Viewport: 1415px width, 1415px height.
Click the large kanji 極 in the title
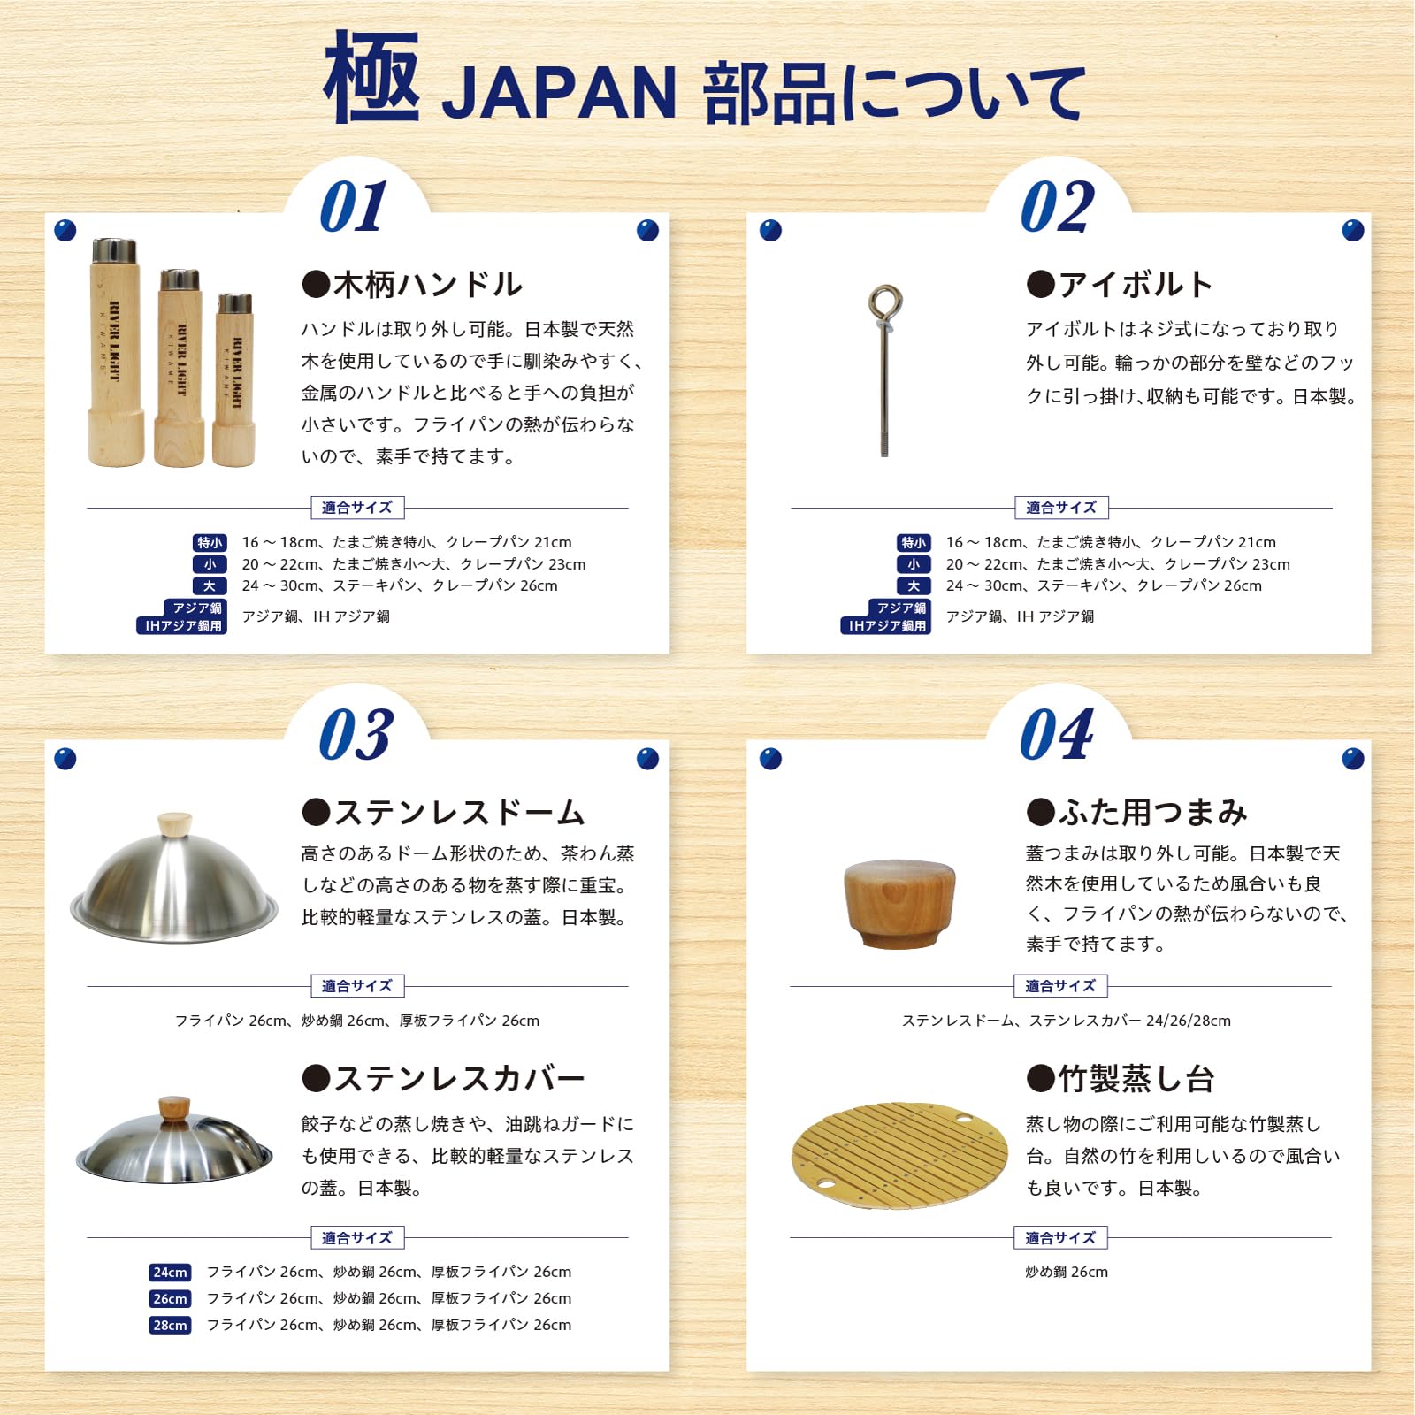click(x=371, y=77)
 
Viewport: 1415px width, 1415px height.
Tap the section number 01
click(x=354, y=206)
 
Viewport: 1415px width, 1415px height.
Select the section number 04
click(x=1057, y=734)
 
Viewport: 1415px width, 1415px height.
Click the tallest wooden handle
click(x=115, y=352)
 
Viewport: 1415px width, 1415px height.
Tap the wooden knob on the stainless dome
click(x=174, y=823)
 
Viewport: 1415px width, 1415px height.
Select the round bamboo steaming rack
click(x=899, y=1154)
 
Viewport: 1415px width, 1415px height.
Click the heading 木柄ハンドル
click(x=412, y=285)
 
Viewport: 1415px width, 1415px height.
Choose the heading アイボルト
click(x=1120, y=285)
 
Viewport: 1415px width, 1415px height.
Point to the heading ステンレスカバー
click(x=443, y=1079)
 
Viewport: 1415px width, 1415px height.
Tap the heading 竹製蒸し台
click(x=1121, y=1079)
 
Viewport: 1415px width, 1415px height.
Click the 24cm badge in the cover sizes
click(x=170, y=1273)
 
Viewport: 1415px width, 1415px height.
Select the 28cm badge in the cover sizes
click(x=170, y=1326)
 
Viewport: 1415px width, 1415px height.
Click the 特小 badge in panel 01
click(x=210, y=543)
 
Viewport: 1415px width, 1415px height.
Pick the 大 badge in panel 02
click(x=914, y=585)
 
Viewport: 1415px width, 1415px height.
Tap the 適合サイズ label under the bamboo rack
click(x=1060, y=1238)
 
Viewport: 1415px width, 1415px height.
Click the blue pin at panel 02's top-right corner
click(x=1353, y=231)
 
